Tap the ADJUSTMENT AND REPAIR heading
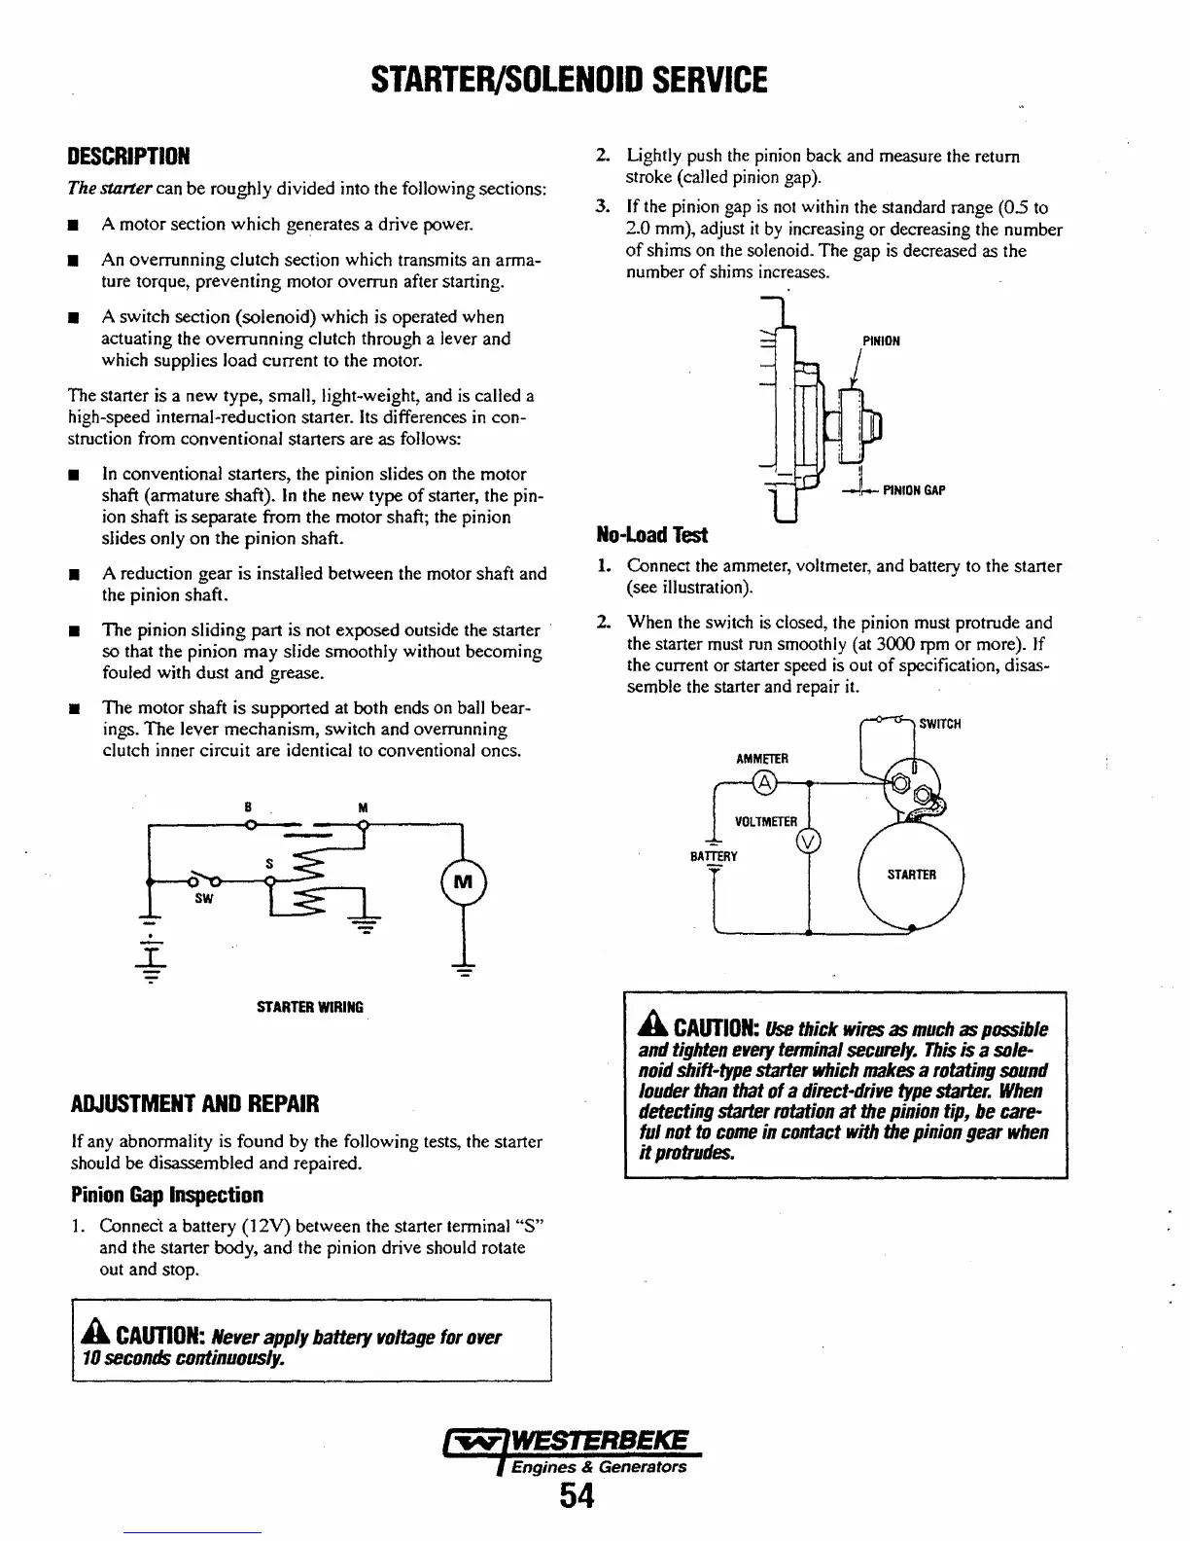click(195, 1105)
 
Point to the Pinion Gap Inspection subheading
click(166, 1194)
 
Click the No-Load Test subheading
click(651, 534)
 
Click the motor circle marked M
click(464, 883)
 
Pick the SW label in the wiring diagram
click(203, 900)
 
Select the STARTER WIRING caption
click(309, 1007)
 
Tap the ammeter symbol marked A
click(764, 783)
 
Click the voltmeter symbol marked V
click(808, 841)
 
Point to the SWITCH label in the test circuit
click(940, 724)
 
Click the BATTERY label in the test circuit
click(715, 857)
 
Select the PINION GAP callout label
click(914, 490)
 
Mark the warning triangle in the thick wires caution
click(650, 1027)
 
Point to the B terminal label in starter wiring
click(248, 807)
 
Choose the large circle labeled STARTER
click(910, 876)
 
